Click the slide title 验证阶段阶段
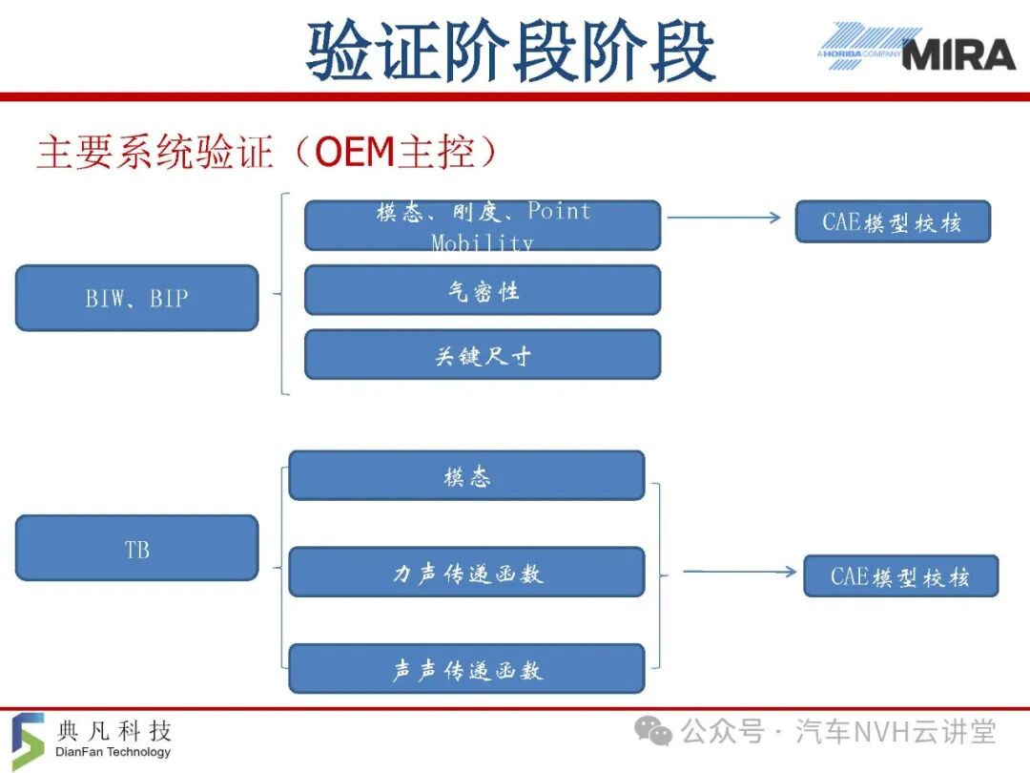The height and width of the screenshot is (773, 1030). (x=511, y=51)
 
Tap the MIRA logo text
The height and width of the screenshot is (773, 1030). (x=959, y=54)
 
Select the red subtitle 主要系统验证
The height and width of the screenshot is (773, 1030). (x=155, y=152)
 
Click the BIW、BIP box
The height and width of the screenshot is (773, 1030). (x=136, y=298)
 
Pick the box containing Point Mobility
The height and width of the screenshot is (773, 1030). (x=483, y=225)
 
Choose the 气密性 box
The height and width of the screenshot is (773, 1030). (x=483, y=290)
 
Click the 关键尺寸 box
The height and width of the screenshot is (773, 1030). (x=483, y=355)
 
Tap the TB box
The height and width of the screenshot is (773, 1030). (x=136, y=548)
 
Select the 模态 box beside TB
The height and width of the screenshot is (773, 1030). (x=466, y=475)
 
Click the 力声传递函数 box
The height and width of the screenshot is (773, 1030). (x=466, y=572)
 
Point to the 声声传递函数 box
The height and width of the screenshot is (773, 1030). (x=466, y=668)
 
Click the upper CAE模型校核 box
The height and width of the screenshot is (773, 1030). (x=893, y=221)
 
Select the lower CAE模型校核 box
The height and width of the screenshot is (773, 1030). (x=900, y=575)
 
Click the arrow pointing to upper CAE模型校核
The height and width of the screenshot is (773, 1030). (x=724, y=218)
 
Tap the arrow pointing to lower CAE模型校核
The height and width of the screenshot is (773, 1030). (x=740, y=572)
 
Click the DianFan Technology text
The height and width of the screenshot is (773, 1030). (x=113, y=751)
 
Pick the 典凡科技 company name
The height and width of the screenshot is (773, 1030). (x=114, y=730)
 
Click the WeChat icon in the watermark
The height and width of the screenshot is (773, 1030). (x=653, y=732)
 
